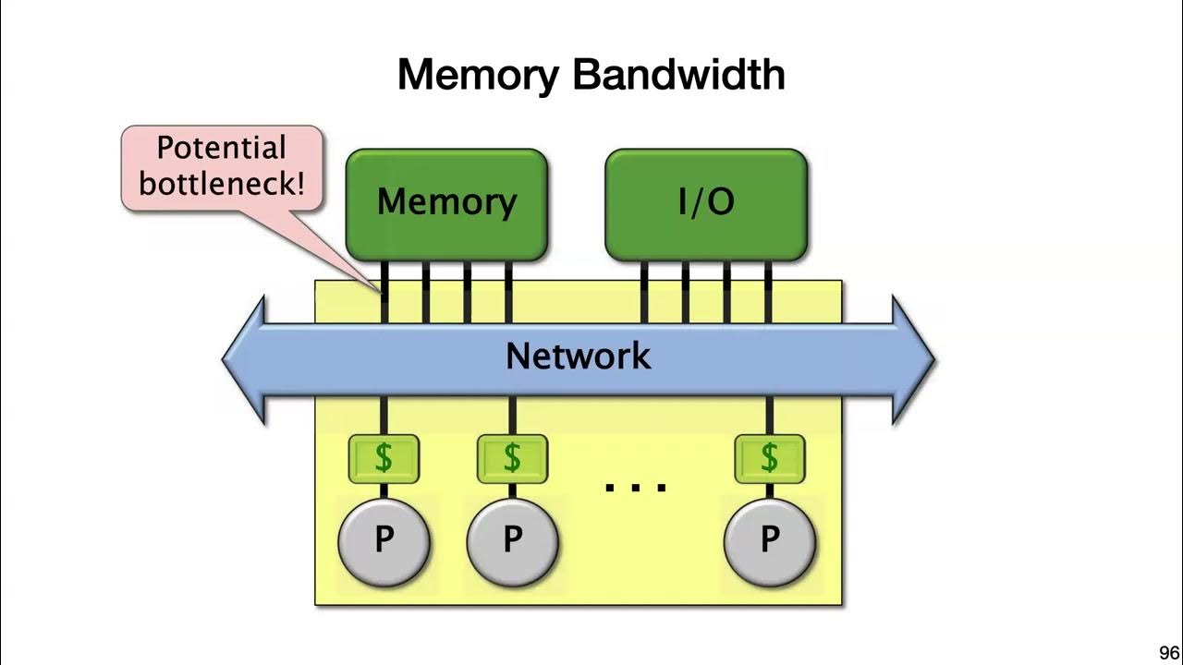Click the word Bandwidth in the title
678,74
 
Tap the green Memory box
446,203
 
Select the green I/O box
706,203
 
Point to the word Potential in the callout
221,149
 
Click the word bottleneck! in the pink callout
221,183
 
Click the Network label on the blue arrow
578,357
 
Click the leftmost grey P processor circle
384,541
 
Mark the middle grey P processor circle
512,541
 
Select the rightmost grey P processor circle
769,541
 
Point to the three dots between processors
636,486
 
